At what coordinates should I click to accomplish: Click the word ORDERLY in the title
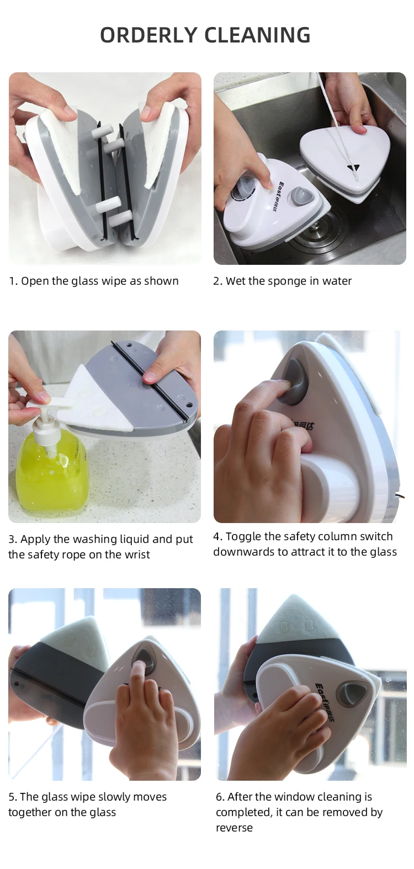tap(148, 35)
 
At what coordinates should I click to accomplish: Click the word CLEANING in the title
tap(257, 35)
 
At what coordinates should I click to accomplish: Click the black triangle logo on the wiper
tap(353, 168)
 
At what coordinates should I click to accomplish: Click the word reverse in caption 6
tap(234, 828)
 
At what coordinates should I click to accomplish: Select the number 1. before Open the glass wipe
tap(13, 281)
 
